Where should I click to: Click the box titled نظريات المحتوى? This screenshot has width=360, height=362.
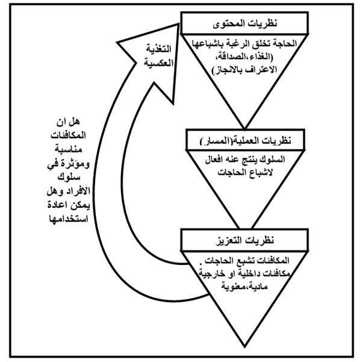[244, 23]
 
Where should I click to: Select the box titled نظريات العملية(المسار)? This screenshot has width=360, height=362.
[246, 140]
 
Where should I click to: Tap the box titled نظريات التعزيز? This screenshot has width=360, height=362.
[244, 240]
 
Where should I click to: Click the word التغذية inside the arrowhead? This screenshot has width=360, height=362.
[158, 49]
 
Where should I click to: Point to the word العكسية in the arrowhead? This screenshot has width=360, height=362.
[159, 63]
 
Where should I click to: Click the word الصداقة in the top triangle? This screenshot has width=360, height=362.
[229, 57]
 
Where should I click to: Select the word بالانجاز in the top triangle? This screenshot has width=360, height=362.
[226, 70]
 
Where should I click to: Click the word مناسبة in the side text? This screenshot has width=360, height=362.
[69, 149]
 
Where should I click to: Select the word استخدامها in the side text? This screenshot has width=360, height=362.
[69, 219]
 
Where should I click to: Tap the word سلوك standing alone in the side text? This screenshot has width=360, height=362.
[69, 177]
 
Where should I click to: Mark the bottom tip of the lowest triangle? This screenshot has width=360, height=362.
[244, 347]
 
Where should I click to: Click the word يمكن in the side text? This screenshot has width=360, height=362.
[80, 205]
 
